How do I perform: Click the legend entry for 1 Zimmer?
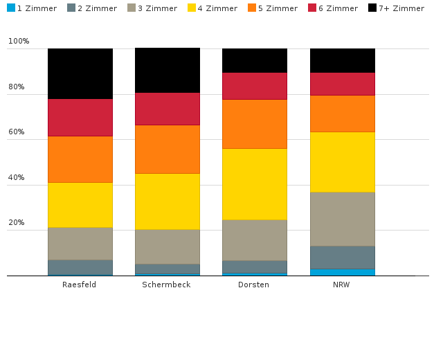31,8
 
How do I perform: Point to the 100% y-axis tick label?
19,42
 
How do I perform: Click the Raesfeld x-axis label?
80,285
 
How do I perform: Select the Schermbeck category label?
166,285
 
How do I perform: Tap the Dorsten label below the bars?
254,285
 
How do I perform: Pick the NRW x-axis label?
341,285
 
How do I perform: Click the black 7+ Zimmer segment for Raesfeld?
80,73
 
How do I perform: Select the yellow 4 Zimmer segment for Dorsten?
255,184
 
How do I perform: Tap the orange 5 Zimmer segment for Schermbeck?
168,149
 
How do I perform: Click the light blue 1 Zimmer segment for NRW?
343,272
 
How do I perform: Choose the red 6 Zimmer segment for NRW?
343,84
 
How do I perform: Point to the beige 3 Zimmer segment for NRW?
343,219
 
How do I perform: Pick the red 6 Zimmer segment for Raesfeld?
80,117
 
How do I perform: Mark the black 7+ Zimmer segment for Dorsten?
255,60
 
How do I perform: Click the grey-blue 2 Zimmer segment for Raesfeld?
80,267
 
